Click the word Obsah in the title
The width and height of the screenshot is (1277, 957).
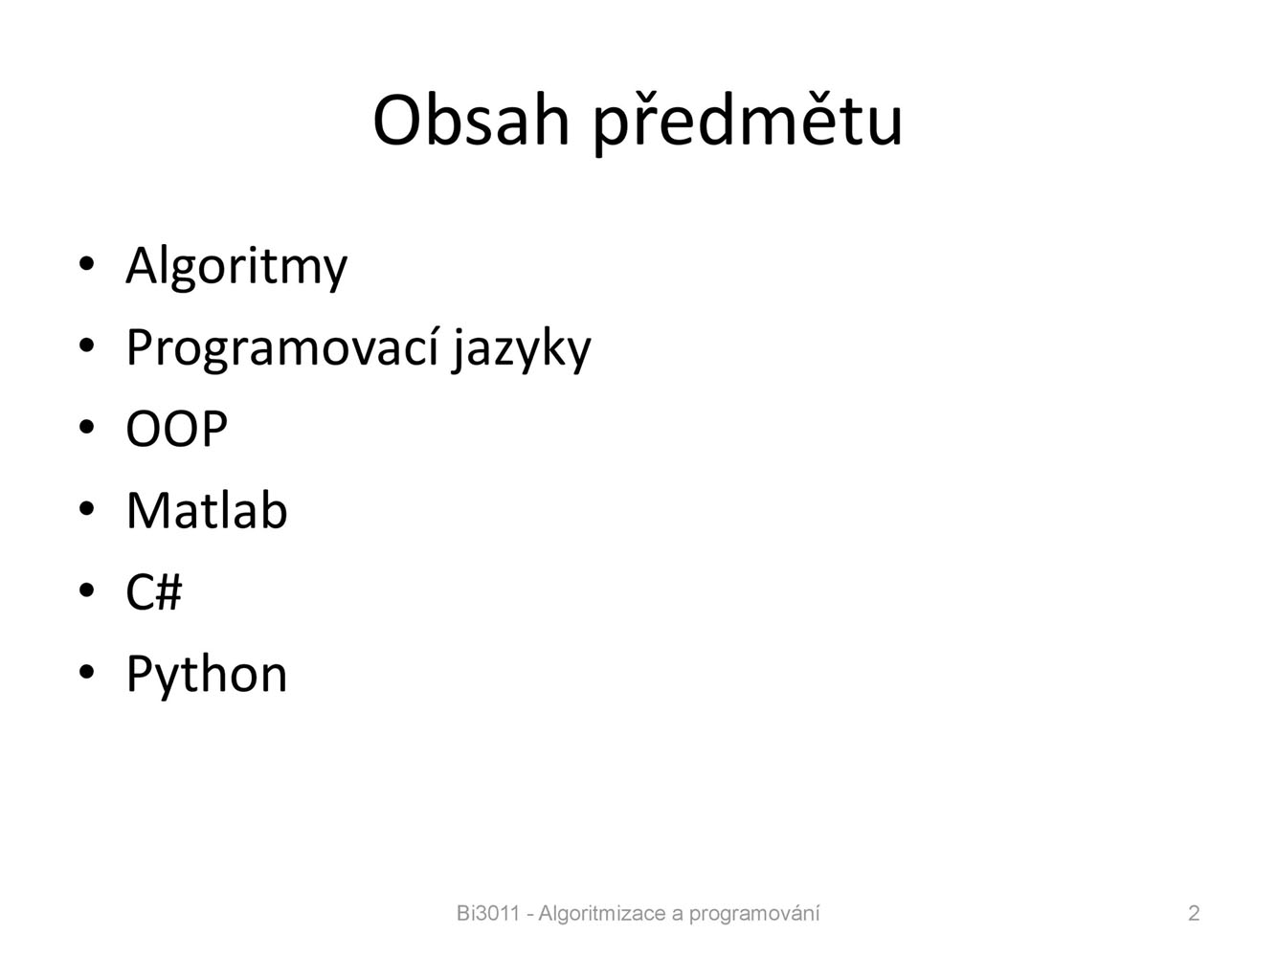tap(471, 122)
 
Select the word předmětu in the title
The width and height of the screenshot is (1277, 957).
tap(748, 122)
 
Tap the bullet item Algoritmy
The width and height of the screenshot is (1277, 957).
tap(236, 267)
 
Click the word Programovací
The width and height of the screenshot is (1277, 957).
tap(282, 347)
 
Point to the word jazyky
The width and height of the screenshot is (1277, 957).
tap(522, 349)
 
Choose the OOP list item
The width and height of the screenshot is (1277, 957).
tap(176, 429)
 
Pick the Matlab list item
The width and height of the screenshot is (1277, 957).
tap(207, 509)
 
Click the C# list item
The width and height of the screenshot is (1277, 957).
tap(153, 591)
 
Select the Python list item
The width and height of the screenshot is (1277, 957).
tap(207, 675)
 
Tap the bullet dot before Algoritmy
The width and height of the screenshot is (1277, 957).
tap(86, 265)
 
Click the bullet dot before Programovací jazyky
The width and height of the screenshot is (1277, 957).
tap(86, 346)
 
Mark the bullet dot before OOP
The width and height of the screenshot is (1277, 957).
tap(86, 428)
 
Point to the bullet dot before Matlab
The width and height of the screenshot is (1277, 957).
tap(86, 509)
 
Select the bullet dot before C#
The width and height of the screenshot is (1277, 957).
tap(86, 590)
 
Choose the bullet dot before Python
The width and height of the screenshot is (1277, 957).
tap(86, 672)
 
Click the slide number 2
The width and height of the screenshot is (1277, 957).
tap(1193, 913)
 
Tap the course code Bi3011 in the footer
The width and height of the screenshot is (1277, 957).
tap(487, 913)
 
